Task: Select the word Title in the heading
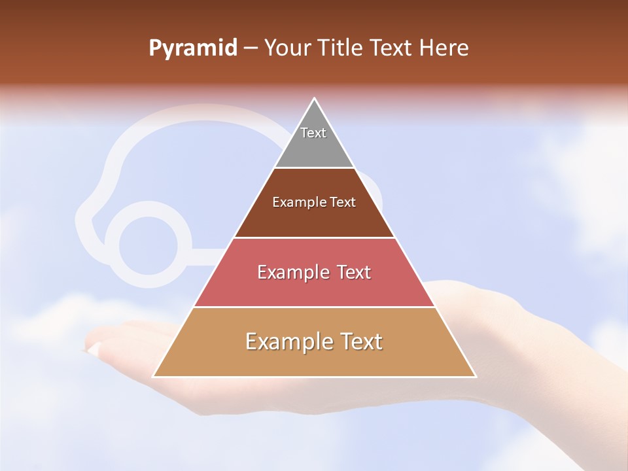tap(339, 48)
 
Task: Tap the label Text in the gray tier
tap(313, 133)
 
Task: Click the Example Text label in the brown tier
tap(314, 202)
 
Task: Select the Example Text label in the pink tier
tap(314, 272)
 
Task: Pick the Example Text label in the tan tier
tap(314, 341)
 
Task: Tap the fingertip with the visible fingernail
tap(94, 348)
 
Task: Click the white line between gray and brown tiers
tap(314, 168)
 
